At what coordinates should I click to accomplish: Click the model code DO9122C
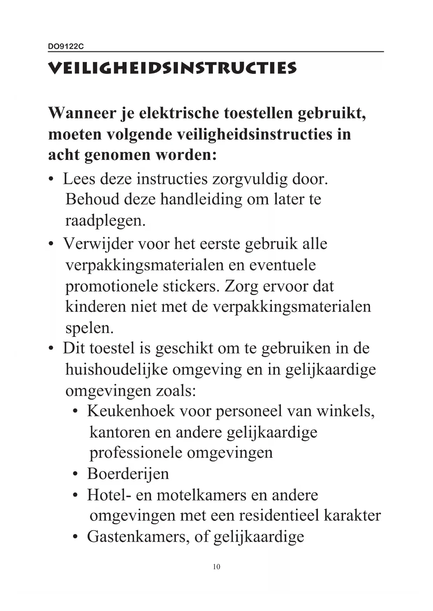[x=66, y=47]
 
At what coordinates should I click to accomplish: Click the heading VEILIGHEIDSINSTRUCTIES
[x=172, y=68]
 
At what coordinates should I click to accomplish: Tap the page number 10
[x=216, y=567]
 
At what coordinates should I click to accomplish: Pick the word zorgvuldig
[x=249, y=179]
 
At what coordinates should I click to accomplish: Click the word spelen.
[x=89, y=328]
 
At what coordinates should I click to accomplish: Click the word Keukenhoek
[x=130, y=411]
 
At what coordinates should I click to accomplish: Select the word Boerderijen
[x=128, y=474]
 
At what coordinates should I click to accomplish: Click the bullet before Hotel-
[x=75, y=495]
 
